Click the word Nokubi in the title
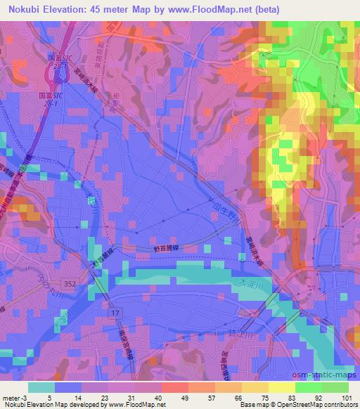(22, 9)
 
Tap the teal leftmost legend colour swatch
(41, 387)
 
